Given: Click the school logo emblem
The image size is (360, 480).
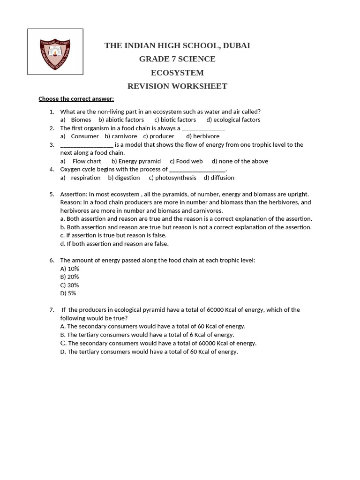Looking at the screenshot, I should [55, 52].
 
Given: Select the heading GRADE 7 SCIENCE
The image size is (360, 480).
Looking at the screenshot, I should [177, 59].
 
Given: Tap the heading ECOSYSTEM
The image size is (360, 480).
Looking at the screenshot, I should [177, 73].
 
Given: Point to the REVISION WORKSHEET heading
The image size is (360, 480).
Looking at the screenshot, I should [177, 86].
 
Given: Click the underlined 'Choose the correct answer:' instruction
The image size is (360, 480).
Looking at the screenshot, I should [76, 99].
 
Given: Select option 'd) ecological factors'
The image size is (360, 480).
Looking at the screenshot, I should [233, 120].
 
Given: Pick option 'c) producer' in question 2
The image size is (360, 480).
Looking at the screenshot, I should [158, 136].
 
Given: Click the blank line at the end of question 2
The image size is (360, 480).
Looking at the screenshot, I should [203, 128].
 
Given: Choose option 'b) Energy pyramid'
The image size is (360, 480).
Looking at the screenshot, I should [136, 161].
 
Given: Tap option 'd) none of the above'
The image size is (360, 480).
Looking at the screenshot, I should [240, 161].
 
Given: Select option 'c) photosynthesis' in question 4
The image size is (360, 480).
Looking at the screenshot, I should [172, 178].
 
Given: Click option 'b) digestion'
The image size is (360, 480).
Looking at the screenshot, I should [124, 178].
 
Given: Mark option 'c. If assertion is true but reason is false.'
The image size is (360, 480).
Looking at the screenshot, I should [113, 235].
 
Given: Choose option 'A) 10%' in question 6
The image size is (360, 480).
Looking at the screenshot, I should [69, 269].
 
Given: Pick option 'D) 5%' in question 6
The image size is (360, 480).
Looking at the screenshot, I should [68, 293].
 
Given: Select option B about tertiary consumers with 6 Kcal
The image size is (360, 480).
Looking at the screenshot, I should [147, 335].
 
